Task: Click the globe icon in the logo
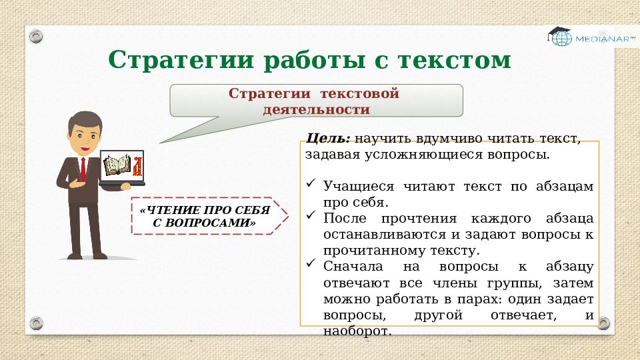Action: click(x=561, y=39)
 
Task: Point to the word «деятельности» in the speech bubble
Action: click(x=316, y=109)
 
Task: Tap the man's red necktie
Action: click(x=83, y=169)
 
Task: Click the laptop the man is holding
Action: click(x=122, y=168)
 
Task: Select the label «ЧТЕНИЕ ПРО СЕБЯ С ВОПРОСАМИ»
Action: click(x=205, y=217)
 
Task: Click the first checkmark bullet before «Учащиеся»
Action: click(x=311, y=182)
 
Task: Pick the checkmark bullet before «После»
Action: click(x=311, y=215)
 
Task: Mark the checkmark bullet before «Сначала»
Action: click(x=311, y=263)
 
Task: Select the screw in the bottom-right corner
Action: click(x=603, y=323)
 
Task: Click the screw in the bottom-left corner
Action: click(x=36, y=323)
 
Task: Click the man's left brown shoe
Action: click(x=75, y=255)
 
